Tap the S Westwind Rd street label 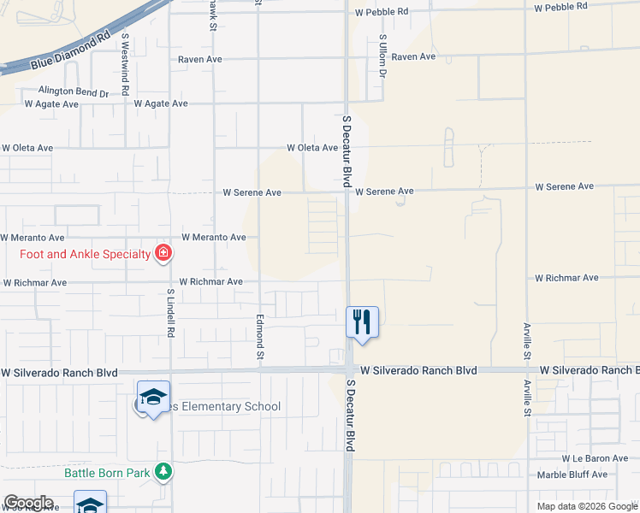tap(125, 64)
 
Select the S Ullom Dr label tap(383, 57)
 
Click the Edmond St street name tap(258, 335)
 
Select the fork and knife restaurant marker tap(362, 321)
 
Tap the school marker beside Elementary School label tap(153, 397)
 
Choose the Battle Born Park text tap(107, 471)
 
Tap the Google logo tap(28, 503)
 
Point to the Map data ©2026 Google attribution tap(587, 506)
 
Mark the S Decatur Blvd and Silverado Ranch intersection tap(348, 370)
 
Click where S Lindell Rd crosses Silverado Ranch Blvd tap(170, 371)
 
